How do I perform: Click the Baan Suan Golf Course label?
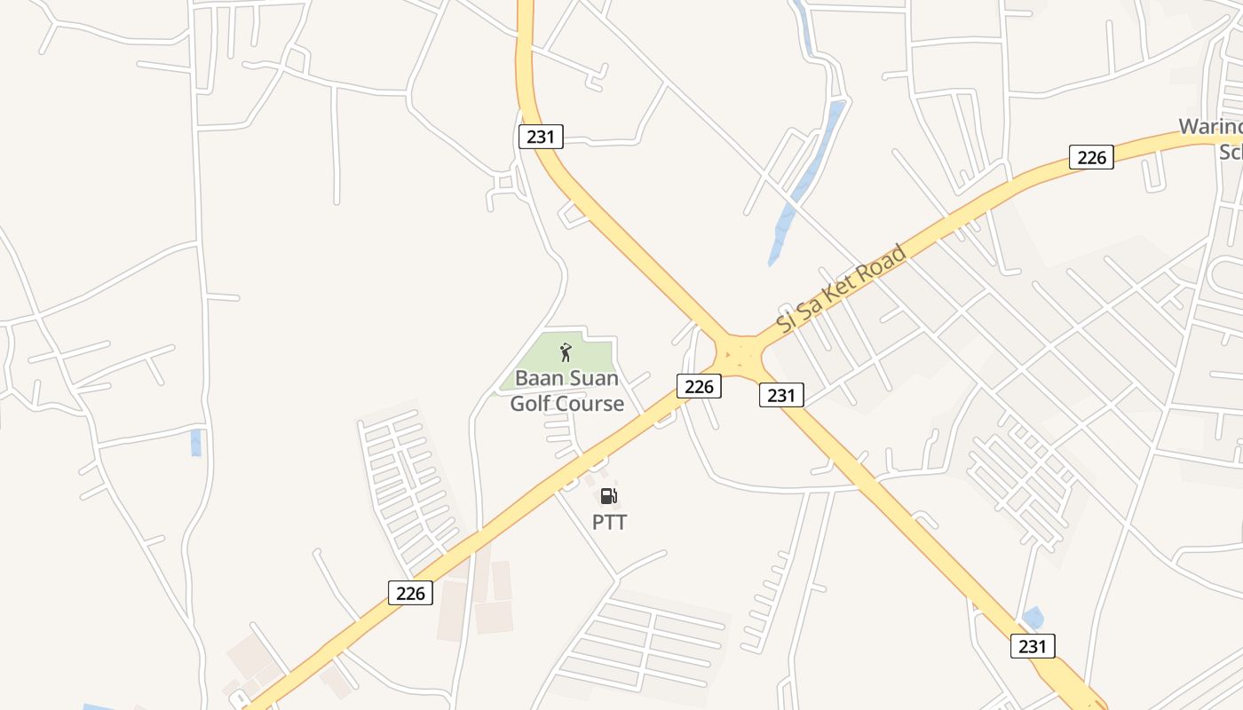[x=566, y=391]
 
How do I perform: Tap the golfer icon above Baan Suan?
[x=566, y=353]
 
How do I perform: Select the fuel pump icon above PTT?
[x=608, y=496]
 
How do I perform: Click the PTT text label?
[x=609, y=523]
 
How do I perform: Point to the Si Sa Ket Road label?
[x=841, y=288]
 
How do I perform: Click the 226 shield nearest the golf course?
[x=699, y=386]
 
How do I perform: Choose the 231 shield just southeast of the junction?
[x=781, y=395]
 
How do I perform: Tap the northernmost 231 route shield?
[x=541, y=137]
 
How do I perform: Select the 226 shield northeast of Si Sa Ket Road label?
[x=1091, y=157]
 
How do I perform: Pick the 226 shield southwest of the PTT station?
[x=410, y=592]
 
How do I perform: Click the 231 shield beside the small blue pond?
[x=1033, y=646]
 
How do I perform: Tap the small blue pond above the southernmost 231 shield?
[x=1033, y=617]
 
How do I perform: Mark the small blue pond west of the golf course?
[x=196, y=442]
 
